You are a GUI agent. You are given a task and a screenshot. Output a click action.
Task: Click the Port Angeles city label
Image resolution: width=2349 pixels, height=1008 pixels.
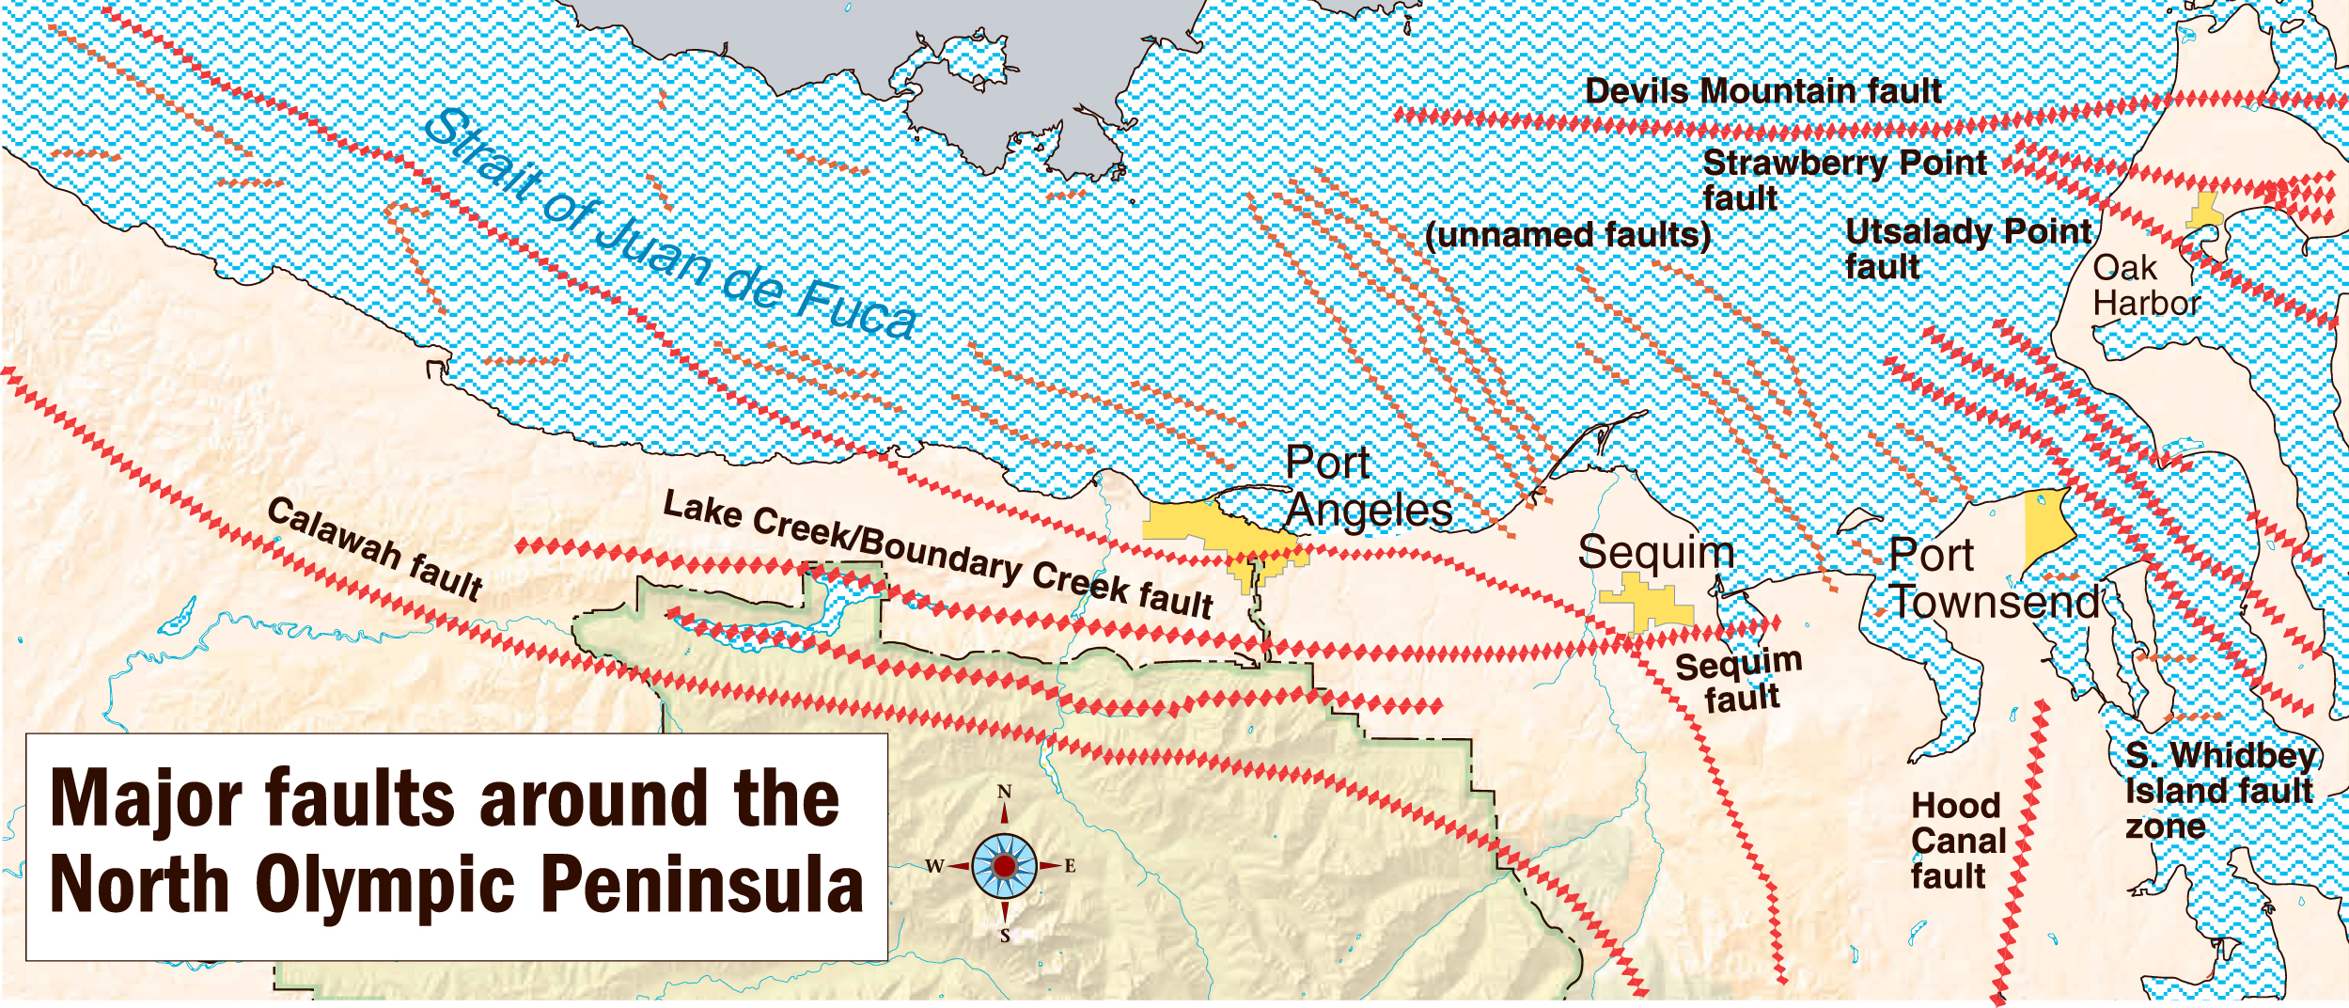click(1368, 487)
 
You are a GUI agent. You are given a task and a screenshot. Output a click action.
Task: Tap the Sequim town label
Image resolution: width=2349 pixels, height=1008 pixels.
click(1655, 552)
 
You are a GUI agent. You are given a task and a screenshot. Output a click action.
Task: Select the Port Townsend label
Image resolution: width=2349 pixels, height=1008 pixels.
click(1993, 579)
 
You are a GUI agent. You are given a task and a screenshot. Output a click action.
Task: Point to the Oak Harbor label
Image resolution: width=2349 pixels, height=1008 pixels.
click(2146, 286)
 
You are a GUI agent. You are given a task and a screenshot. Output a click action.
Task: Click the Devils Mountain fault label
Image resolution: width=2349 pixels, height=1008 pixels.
click(1762, 91)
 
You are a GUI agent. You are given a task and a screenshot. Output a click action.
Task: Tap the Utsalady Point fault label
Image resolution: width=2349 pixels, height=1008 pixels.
click(1967, 248)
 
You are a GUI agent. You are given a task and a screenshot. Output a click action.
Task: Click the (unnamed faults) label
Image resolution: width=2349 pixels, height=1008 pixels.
click(1567, 234)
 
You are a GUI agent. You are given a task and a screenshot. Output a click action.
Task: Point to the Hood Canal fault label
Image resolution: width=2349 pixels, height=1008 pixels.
click(1958, 841)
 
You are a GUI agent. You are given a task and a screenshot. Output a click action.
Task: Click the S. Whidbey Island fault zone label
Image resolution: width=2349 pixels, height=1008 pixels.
click(2219, 790)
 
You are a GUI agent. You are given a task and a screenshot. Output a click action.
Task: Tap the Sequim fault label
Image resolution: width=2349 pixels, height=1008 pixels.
click(1739, 681)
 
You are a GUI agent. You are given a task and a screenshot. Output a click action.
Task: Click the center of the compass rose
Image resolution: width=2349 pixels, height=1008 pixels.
click(1004, 865)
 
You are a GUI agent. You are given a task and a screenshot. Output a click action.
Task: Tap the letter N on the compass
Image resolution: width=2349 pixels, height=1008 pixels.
click(1004, 792)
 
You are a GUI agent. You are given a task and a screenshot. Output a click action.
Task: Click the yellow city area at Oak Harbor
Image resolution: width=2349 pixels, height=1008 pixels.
click(2204, 212)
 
